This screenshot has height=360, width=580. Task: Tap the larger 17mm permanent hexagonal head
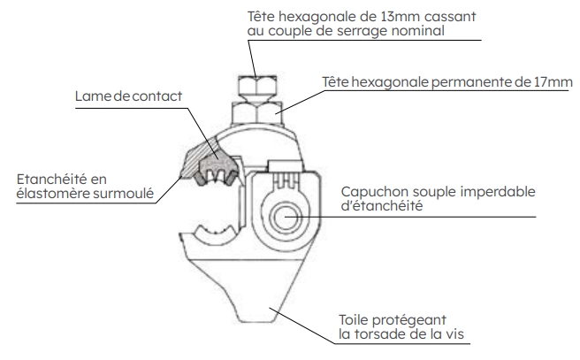coord(257,113)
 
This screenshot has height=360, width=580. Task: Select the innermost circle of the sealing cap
coord(286,217)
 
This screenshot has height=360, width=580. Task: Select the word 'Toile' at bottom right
coord(353,319)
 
